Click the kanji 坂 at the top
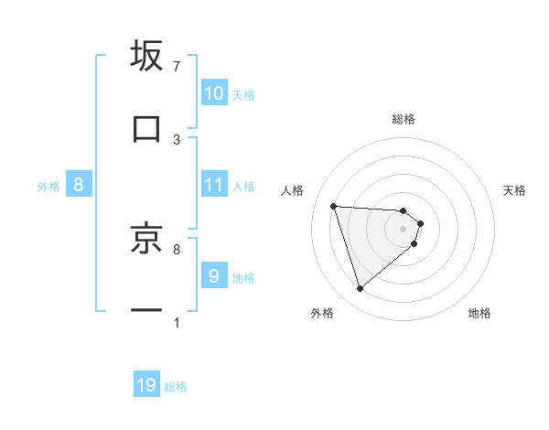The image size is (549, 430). (146, 56)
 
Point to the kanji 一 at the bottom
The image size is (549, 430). (146, 311)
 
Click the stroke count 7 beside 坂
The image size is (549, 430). (177, 67)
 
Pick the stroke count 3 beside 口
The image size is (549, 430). (177, 139)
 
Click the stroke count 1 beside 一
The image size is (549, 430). (177, 323)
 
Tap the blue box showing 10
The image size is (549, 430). (214, 93)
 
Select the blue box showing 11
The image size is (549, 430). (214, 185)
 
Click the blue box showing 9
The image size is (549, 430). (214, 275)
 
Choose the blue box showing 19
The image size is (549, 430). (146, 385)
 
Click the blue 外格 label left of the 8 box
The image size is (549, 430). (48, 186)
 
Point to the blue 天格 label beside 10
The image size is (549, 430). (243, 94)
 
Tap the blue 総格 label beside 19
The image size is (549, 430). (176, 387)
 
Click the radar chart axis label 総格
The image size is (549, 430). (404, 119)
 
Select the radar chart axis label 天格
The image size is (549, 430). (515, 190)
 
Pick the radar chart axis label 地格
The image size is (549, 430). (479, 313)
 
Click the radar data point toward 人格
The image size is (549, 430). (334, 206)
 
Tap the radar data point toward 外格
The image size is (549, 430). (360, 289)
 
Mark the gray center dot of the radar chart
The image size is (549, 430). (404, 228)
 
